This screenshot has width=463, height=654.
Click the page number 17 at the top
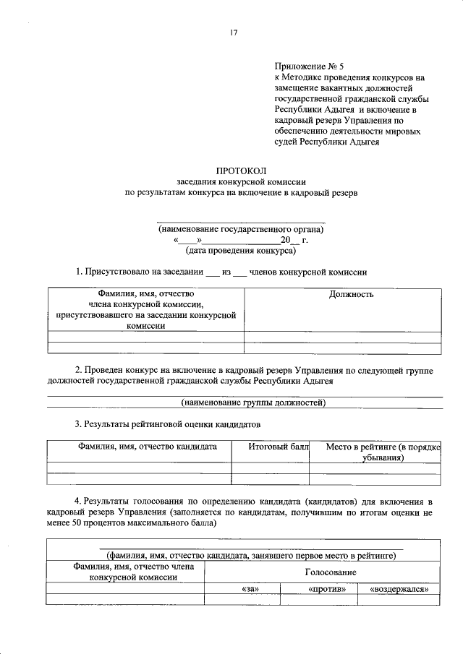234,33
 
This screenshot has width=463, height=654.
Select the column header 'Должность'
350,294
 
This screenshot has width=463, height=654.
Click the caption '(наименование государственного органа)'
241,229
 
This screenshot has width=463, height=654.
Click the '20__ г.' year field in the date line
294,240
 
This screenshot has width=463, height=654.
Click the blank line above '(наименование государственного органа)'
241,220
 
